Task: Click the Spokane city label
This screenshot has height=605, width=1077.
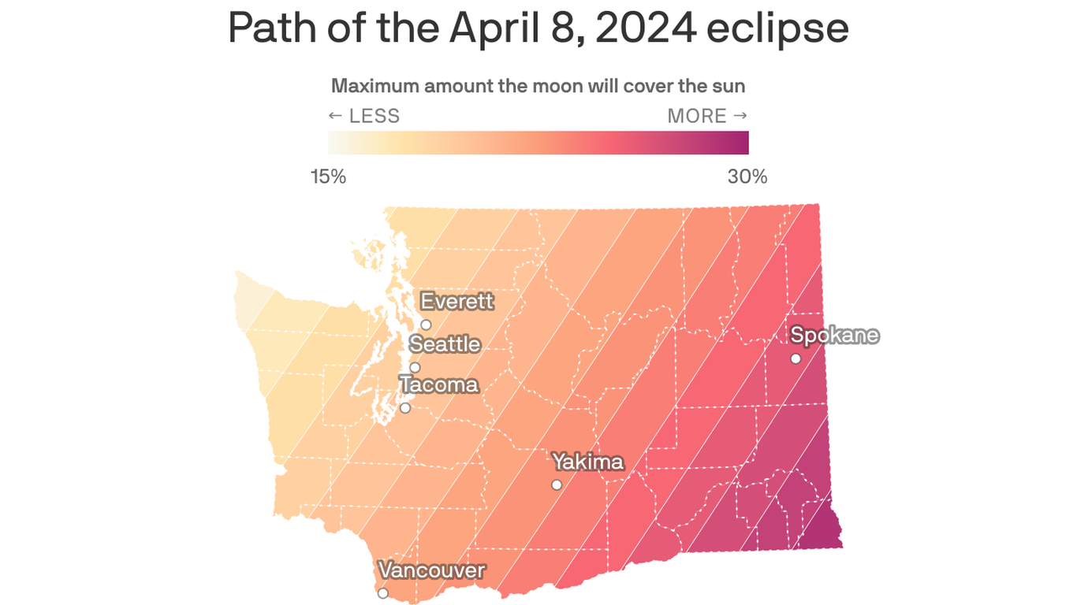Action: [834, 335]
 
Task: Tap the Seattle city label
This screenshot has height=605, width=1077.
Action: [445, 344]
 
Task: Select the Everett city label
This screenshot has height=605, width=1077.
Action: [457, 301]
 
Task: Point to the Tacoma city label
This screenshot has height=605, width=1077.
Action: [438, 384]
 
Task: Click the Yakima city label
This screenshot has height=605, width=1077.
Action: [587, 461]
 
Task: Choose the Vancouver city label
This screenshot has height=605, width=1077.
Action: [431, 570]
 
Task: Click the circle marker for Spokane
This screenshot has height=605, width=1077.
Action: [796, 358]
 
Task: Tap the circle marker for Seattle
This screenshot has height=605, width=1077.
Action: [415, 367]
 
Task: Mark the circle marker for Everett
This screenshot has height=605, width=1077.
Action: [426, 325]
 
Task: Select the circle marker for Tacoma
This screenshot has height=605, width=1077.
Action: [405, 407]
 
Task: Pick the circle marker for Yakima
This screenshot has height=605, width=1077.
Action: [557, 484]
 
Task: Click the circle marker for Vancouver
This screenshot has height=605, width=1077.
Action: [383, 593]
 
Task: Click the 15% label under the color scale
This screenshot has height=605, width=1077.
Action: [328, 176]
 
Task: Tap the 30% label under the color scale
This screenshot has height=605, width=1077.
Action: [747, 176]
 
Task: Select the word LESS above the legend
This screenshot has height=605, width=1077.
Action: [374, 117]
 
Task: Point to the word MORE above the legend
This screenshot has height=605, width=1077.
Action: [697, 117]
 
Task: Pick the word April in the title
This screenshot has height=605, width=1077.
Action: [490, 28]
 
